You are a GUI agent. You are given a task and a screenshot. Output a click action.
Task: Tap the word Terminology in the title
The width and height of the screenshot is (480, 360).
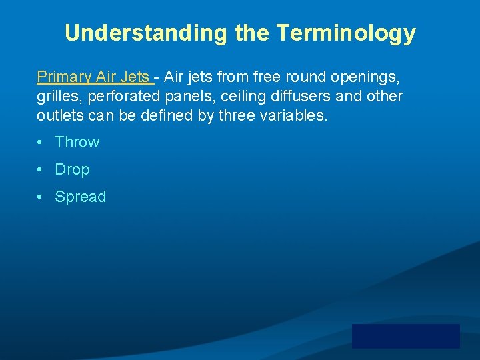pyautogui.click(x=346, y=33)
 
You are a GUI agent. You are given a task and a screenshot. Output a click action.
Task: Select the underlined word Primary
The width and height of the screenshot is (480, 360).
pyautogui.click(x=64, y=77)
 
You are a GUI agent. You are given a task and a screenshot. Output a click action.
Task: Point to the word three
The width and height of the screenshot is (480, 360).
pyautogui.click(x=236, y=115)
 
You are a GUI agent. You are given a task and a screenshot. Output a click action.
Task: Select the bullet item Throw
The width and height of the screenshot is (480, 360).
pyautogui.click(x=77, y=142)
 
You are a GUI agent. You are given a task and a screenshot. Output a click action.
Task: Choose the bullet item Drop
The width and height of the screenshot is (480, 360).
pyautogui.click(x=72, y=169)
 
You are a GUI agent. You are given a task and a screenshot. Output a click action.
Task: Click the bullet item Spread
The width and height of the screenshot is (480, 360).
pyautogui.click(x=80, y=197)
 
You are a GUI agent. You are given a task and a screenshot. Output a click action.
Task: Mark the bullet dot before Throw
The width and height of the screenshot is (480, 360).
pyautogui.click(x=41, y=142)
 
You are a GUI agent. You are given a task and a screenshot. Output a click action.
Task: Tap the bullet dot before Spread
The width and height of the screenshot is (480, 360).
pyautogui.click(x=41, y=197)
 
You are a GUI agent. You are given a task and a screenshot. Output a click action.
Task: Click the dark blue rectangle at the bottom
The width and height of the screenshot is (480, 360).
pyautogui.click(x=405, y=336)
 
